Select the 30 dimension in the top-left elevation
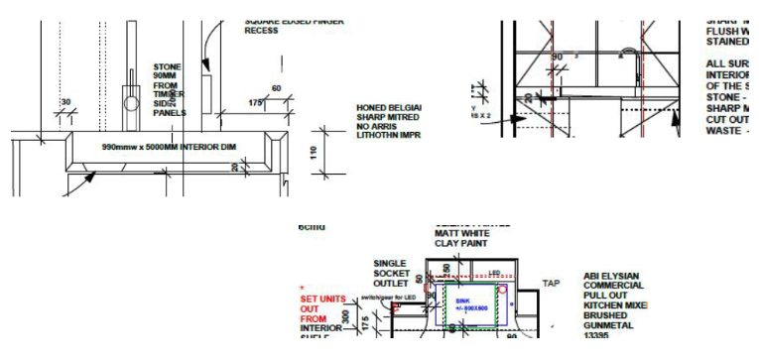pos(66,103)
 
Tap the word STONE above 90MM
pos(167,66)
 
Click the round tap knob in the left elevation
pos(131,101)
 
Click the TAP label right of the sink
pos(551,284)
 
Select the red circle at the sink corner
pos(502,289)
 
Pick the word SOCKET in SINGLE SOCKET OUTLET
pos(390,272)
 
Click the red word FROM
pos(314,319)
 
